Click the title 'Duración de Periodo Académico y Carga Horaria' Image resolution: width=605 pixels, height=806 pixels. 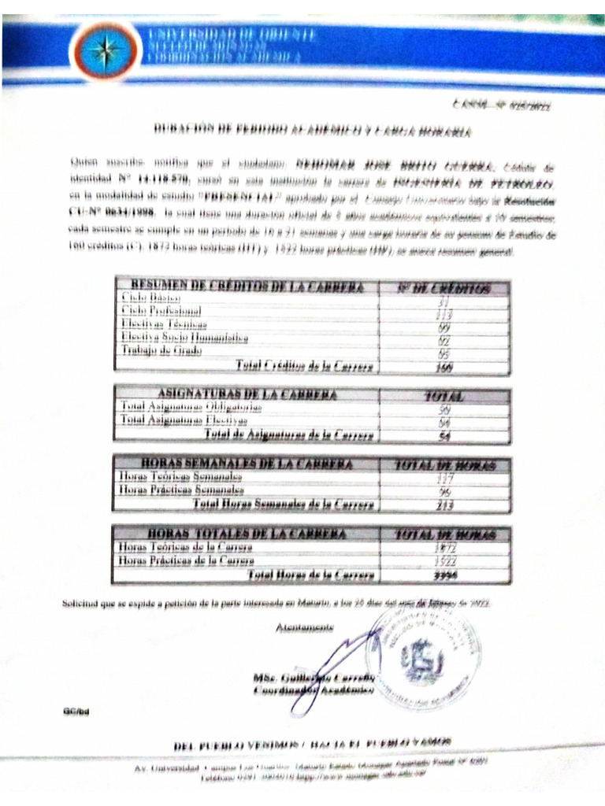[307, 130]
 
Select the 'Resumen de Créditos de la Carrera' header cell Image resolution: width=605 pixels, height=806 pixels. [247, 287]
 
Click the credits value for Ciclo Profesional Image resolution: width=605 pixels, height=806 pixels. [444, 312]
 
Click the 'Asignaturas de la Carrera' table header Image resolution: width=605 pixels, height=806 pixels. [247, 394]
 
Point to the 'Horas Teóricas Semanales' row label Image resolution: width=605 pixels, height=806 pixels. [180, 476]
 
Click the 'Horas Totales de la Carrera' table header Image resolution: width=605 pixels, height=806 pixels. [246, 534]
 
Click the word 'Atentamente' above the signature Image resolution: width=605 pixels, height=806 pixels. [305, 627]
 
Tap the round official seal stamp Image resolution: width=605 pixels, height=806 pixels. [424, 653]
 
